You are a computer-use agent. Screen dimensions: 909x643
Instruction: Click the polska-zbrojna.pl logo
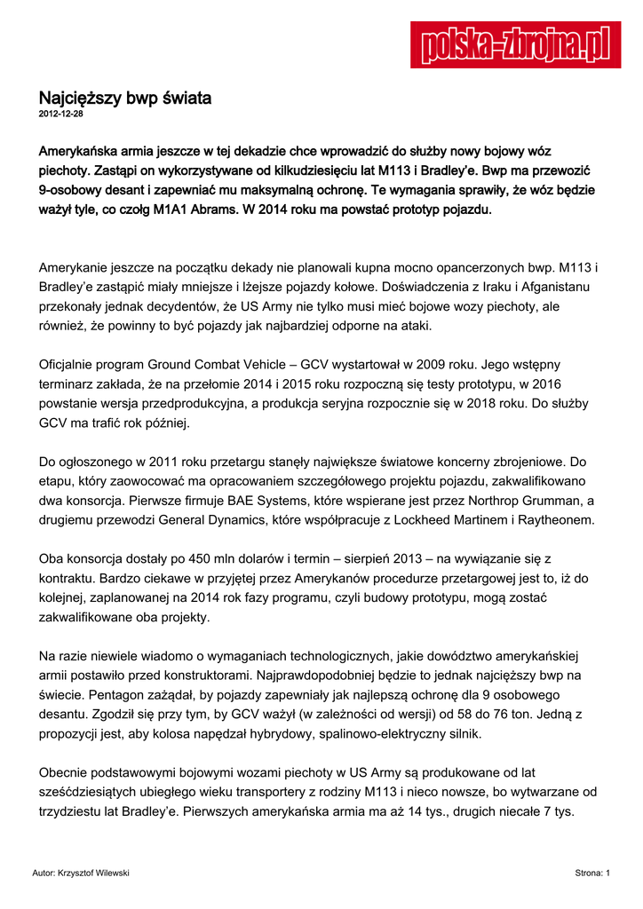pyautogui.click(x=515, y=45)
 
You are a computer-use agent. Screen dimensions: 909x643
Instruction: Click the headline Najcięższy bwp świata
pyautogui.click(x=124, y=99)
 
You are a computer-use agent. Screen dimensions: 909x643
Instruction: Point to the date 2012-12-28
pyautogui.click(x=61, y=115)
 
